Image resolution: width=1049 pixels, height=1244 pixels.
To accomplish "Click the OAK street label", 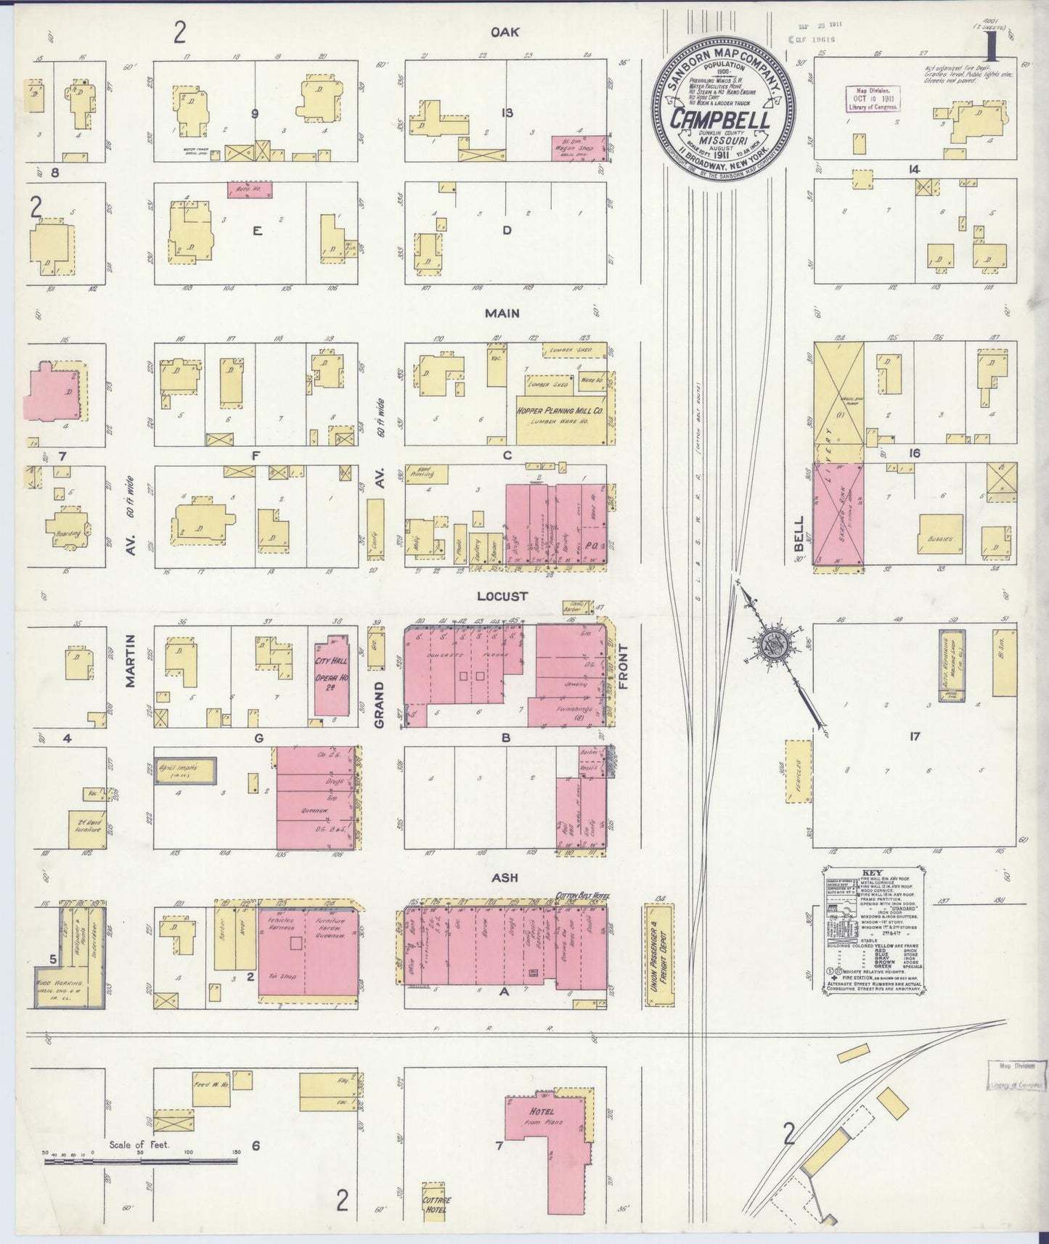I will click(x=507, y=31).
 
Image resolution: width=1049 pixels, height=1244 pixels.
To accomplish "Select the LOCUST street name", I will click(x=502, y=596).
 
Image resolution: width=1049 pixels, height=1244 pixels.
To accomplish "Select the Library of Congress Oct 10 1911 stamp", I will click(x=872, y=97).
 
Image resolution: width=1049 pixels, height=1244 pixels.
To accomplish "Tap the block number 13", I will click(x=507, y=112).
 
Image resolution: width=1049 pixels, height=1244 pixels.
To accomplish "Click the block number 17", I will click(x=913, y=737).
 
